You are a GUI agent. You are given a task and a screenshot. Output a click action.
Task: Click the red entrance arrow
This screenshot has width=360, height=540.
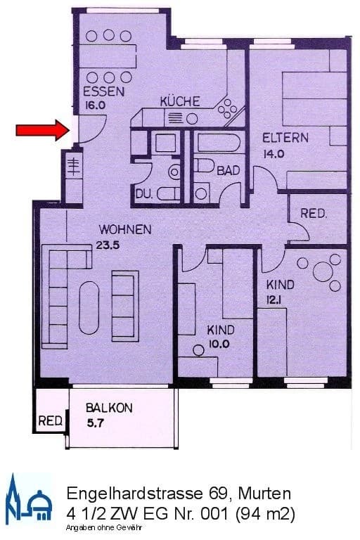[41, 129]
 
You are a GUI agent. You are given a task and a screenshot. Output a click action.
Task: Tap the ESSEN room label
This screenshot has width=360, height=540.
[103, 92]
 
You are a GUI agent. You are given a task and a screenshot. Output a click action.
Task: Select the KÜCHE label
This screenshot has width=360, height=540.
[180, 101]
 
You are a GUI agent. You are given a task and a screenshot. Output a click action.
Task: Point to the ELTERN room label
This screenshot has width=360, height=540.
[285, 138]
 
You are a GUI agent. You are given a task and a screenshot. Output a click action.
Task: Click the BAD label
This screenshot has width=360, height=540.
[227, 170]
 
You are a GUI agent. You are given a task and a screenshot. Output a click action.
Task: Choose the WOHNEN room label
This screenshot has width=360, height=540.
[125, 230]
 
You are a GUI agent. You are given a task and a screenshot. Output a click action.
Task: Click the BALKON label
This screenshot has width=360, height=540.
[109, 408]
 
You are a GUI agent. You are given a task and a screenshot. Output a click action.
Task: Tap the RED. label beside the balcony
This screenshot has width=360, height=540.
[50, 421]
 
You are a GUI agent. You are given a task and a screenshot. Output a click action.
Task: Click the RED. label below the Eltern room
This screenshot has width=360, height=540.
[313, 214]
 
